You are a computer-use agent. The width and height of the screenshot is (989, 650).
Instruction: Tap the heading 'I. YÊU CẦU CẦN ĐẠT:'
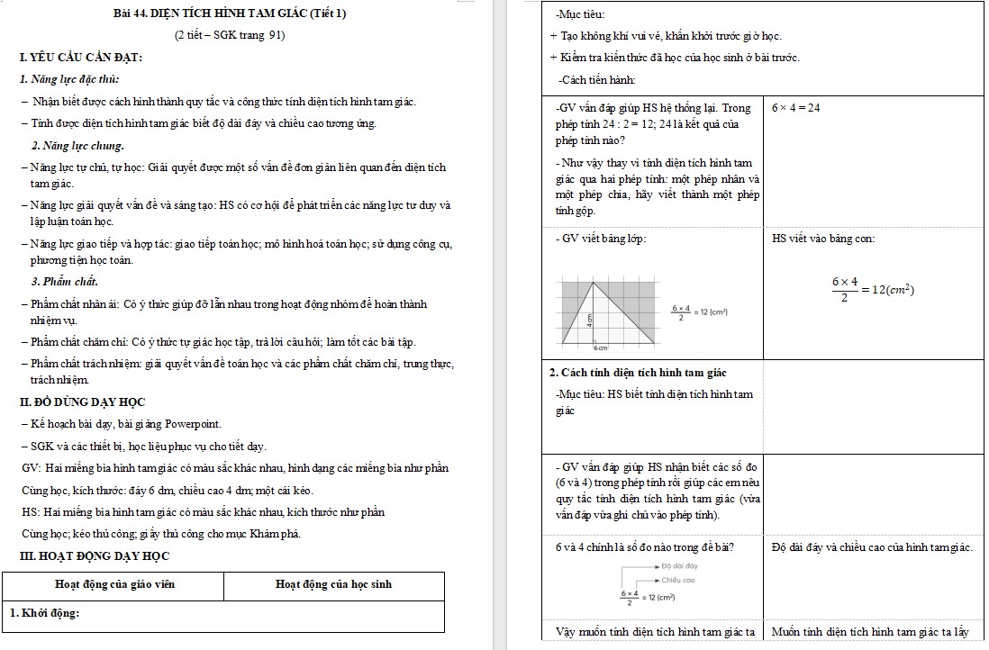(81, 59)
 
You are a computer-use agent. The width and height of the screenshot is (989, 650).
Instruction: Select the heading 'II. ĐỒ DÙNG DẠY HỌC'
(83, 402)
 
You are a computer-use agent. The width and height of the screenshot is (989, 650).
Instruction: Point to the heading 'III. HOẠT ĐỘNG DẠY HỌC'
(95, 555)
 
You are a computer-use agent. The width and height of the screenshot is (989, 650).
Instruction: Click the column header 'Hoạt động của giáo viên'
(114, 584)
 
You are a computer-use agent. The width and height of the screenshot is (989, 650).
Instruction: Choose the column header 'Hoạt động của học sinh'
(333, 584)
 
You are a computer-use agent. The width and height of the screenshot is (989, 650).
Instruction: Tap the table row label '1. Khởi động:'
(45, 614)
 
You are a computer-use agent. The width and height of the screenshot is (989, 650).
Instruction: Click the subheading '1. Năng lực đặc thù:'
(69, 79)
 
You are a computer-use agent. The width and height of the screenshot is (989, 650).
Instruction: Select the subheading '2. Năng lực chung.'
(77, 145)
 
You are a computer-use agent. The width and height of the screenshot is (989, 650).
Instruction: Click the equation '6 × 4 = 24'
(796, 107)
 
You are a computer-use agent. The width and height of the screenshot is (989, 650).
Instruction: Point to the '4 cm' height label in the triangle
(590, 319)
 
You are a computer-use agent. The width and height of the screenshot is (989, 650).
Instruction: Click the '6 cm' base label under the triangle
(601, 347)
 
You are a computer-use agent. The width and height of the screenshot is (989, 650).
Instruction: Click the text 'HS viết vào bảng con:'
(823, 239)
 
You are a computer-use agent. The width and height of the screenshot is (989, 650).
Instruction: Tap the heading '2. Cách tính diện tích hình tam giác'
(638, 373)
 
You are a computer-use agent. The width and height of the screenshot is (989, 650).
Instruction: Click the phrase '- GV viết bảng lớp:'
(601, 239)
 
